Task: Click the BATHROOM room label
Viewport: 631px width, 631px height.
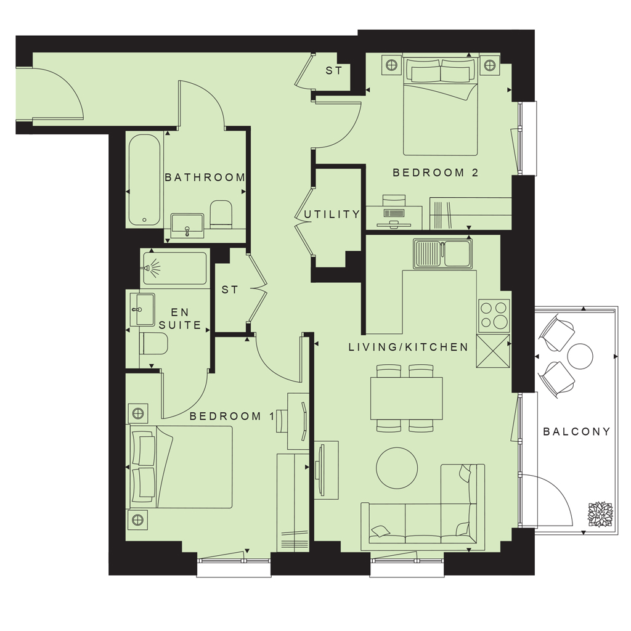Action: click(x=205, y=177)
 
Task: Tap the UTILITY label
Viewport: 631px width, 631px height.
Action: click(x=332, y=214)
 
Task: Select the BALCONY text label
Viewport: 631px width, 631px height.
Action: click(x=577, y=432)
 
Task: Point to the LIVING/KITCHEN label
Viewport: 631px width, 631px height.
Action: click(x=409, y=347)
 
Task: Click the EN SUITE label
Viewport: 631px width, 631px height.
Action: click(x=180, y=319)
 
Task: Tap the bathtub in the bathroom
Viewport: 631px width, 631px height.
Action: click(x=144, y=180)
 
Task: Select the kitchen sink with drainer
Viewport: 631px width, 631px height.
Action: click(x=442, y=253)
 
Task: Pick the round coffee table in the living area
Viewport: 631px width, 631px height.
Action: click(x=397, y=468)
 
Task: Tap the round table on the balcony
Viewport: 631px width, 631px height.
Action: click(x=580, y=356)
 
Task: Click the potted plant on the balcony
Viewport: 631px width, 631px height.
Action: click(x=600, y=515)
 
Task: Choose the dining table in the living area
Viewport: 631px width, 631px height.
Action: click(x=407, y=398)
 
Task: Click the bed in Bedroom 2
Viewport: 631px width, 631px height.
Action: click(x=440, y=107)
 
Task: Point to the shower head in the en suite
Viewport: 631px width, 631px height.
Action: click(x=152, y=267)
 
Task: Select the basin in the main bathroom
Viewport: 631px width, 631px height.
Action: click(x=187, y=226)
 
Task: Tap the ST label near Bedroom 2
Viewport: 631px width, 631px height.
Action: click(x=333, y=71)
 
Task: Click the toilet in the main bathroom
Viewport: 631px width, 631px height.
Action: click(x=221, y=214)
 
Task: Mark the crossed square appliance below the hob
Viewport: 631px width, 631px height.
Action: click(x=493, y=351)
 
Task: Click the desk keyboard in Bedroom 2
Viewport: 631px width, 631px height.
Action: click(x=394, y=213)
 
